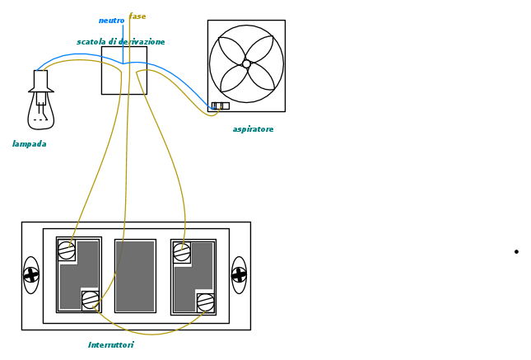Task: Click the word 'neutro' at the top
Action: click(x=111, y=21)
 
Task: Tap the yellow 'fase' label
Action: click(x=138, y=16)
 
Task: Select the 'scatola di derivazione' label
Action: click(x=121, y=42)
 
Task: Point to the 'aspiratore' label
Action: click(x=253, y=129)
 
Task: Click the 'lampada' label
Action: click(x=29, y=144)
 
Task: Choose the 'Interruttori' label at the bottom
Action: click(x=111, y=345)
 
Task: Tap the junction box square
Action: click(x=123, y=71)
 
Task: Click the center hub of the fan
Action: click(x=246, y=63)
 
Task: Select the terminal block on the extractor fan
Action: click(x=220, y=105)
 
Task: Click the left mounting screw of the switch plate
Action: click(x=31, y=275)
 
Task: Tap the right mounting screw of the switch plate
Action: click(x=239, y=275)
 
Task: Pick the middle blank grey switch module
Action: click(x=135, y=276)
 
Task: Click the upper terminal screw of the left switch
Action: click(x=67, y=250)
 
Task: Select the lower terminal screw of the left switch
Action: click(x=91, y=300)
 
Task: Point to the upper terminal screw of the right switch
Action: click(x=182, y=252)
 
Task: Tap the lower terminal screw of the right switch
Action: click(x=206, y=302)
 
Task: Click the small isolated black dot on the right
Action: click(x=516, y=251)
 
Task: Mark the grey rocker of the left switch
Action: click(x=79, y=275)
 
